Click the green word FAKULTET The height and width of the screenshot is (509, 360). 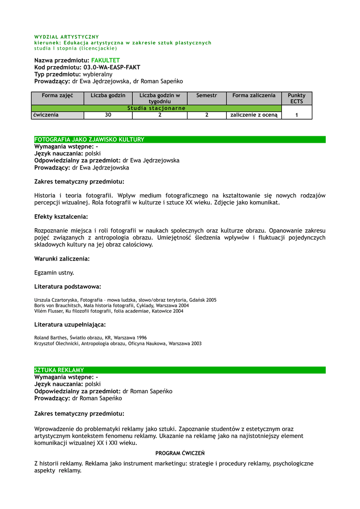[105, 60]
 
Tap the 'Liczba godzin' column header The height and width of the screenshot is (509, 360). [108, 95]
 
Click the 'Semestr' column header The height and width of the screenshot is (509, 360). [206, 95]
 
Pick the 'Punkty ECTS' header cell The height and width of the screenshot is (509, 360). [296, 98]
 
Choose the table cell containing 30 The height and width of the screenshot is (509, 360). [108, 115]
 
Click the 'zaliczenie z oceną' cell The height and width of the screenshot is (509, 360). [254, 115]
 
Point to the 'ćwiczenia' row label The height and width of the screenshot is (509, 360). [46, 115]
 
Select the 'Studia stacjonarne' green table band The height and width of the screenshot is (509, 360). [156, 108]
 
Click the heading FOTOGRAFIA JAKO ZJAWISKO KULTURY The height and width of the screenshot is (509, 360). [90, 140]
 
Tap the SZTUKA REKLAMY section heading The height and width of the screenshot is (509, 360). [59, 370]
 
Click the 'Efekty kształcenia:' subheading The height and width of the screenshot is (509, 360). [61, 217]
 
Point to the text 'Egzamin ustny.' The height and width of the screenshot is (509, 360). [54, 272]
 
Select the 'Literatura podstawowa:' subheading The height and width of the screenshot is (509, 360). [68, 286]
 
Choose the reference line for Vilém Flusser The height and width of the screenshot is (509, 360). [108, 311]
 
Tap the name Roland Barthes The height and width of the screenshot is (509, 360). [50, 338]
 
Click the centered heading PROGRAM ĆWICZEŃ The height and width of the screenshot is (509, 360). [180, 453]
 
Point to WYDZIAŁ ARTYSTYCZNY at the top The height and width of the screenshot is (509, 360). [67, 37]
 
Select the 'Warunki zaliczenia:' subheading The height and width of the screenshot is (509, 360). [62, 258]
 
